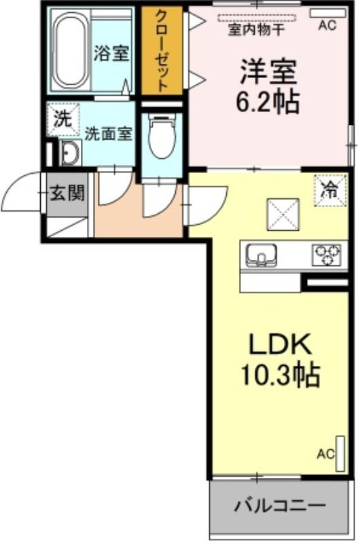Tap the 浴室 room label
pos(111,54)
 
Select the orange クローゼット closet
pos(162,50)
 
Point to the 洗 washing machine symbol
pos(63,119)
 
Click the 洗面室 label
pos(109,133)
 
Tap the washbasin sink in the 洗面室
pos(70,152)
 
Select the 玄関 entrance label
pos(67,193)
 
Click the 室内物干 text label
pos(256,29)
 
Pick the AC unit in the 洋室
pos(327,14)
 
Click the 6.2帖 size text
pos(268,102)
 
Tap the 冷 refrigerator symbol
pos(330,190)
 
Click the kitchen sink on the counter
pos(261,255)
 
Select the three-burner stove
pos(327,255)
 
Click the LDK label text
pos(280,343)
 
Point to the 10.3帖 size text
pos(280,375)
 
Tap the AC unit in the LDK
pos(340,453)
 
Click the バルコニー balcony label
pos(280,506)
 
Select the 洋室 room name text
pos(269,72)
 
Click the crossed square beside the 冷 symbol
pos(283,214)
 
